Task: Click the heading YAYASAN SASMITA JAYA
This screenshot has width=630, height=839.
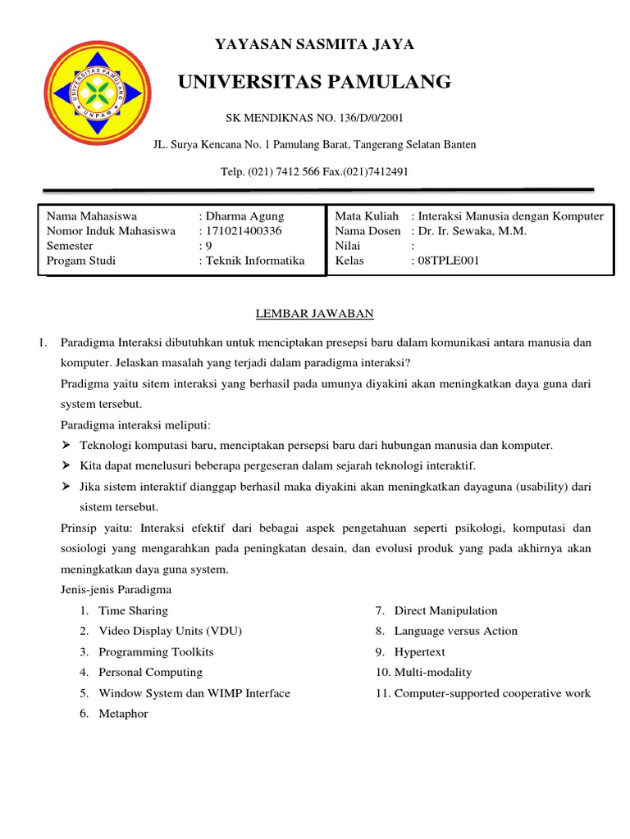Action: coord(314,44)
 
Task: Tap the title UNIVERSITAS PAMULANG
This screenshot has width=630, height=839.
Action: coord(314,81)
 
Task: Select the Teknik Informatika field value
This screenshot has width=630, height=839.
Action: coord(254,261)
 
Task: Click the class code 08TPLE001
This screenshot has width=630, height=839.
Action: coord(448,261)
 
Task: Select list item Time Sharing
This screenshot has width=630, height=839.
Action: coord(133,610)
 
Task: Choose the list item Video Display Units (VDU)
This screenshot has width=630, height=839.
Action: coord(170,631)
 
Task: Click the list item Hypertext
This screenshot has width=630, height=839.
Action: coord(419,652)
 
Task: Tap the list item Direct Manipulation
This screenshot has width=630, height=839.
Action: coord(445,610)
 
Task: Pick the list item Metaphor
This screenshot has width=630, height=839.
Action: coord(123,714)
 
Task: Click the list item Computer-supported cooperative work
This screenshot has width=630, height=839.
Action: coord(492,693)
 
